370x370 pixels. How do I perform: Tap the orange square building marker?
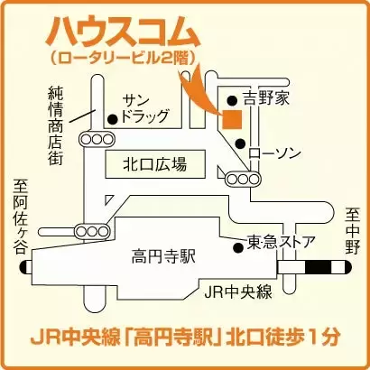[232, 117]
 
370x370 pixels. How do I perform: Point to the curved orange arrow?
[197, 90]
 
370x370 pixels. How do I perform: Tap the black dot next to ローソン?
[239, 143]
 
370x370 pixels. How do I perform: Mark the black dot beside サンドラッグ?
[111, 118]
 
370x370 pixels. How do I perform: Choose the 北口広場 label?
[154, 164]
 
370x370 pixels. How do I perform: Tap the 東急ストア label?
[282, 242]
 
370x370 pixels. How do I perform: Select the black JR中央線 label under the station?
[238, 291]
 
